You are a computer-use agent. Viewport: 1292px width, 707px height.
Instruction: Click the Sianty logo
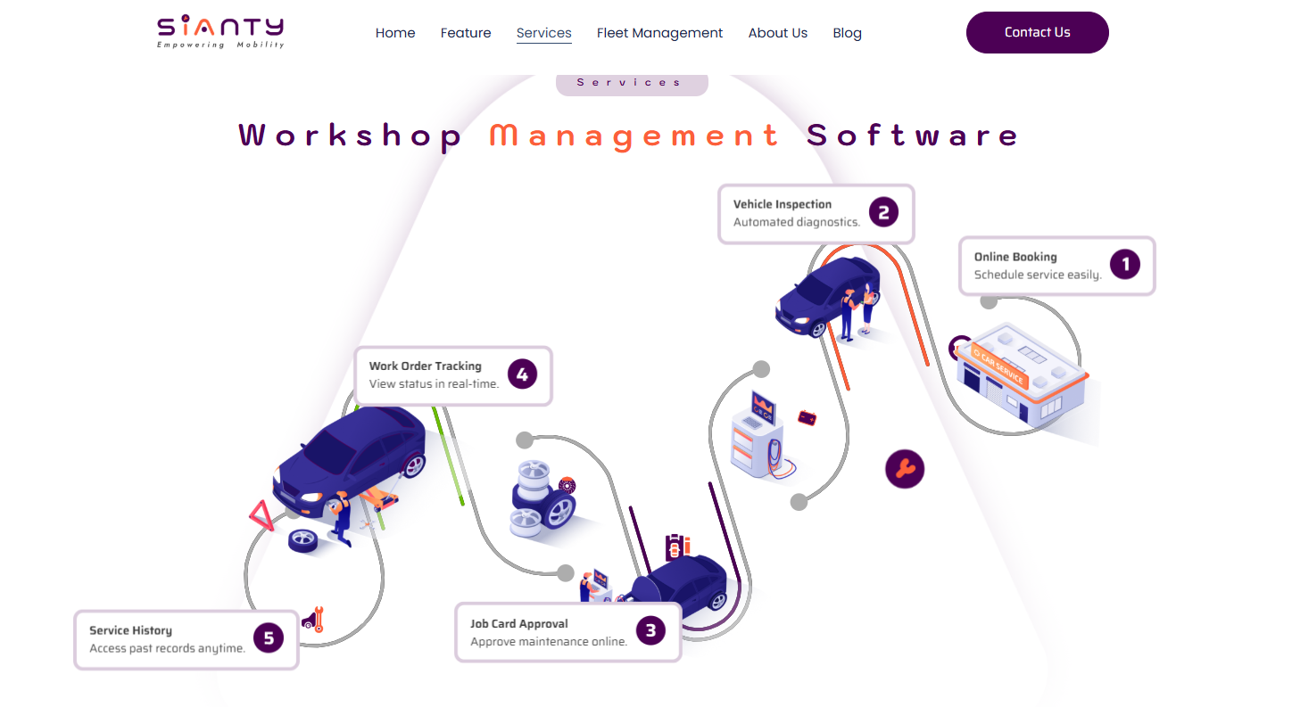(x=220, y=32)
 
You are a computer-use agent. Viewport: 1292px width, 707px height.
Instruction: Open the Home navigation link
(x=395, y=33)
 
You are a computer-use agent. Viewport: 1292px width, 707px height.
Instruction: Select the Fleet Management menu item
(x=659, y=33)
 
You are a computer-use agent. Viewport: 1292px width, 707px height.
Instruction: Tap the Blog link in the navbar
(x=847, y=33)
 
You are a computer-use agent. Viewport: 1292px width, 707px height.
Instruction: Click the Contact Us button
(x=1037, y=32)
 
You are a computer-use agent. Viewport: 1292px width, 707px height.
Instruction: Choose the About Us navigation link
(x=777, y=33)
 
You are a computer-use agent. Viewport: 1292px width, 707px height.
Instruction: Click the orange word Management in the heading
(x=634, y=136)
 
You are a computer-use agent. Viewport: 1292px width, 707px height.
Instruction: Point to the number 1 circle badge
(x=1125, y=264)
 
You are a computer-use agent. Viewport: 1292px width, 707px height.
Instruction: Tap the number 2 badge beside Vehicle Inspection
(x=883, y=212)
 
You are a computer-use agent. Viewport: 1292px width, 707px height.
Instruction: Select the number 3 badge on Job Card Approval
(x=650, y=631)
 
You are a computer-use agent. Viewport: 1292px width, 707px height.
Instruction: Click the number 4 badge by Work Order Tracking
(x=522, y=374)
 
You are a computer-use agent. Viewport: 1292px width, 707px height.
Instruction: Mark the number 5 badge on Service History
(x=268, y=637)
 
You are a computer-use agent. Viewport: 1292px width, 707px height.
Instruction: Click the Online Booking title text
(x=1015, y=257)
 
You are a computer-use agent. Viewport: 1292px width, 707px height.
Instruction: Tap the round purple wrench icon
(x=905, y=468)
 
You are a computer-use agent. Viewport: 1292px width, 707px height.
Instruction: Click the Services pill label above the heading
(x=631, y=82)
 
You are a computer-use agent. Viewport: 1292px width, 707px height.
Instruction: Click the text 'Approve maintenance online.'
(x=549, y=641)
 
